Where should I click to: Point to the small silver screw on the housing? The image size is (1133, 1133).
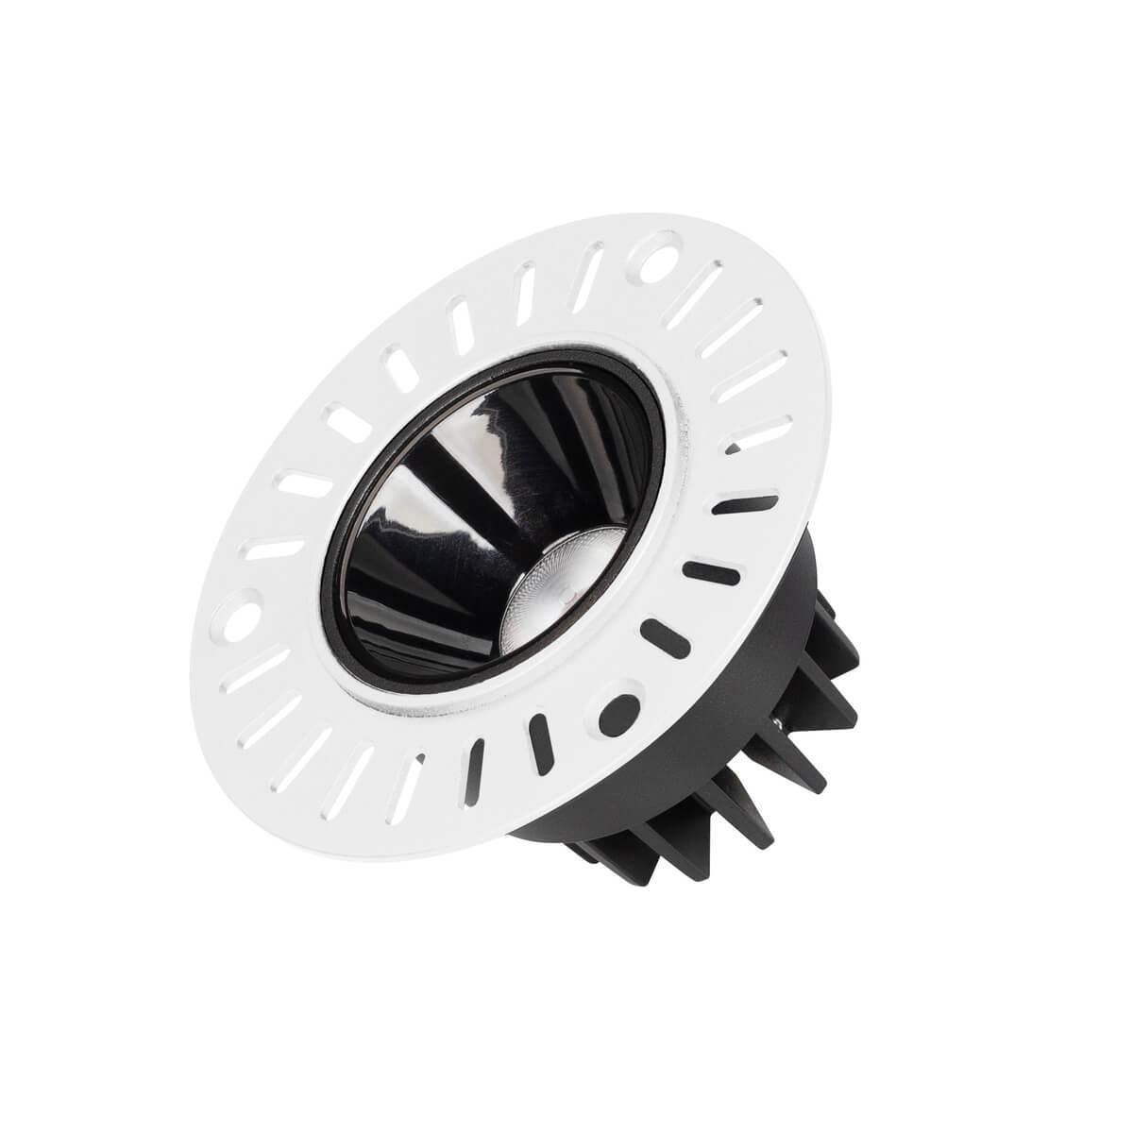click(775, 722)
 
